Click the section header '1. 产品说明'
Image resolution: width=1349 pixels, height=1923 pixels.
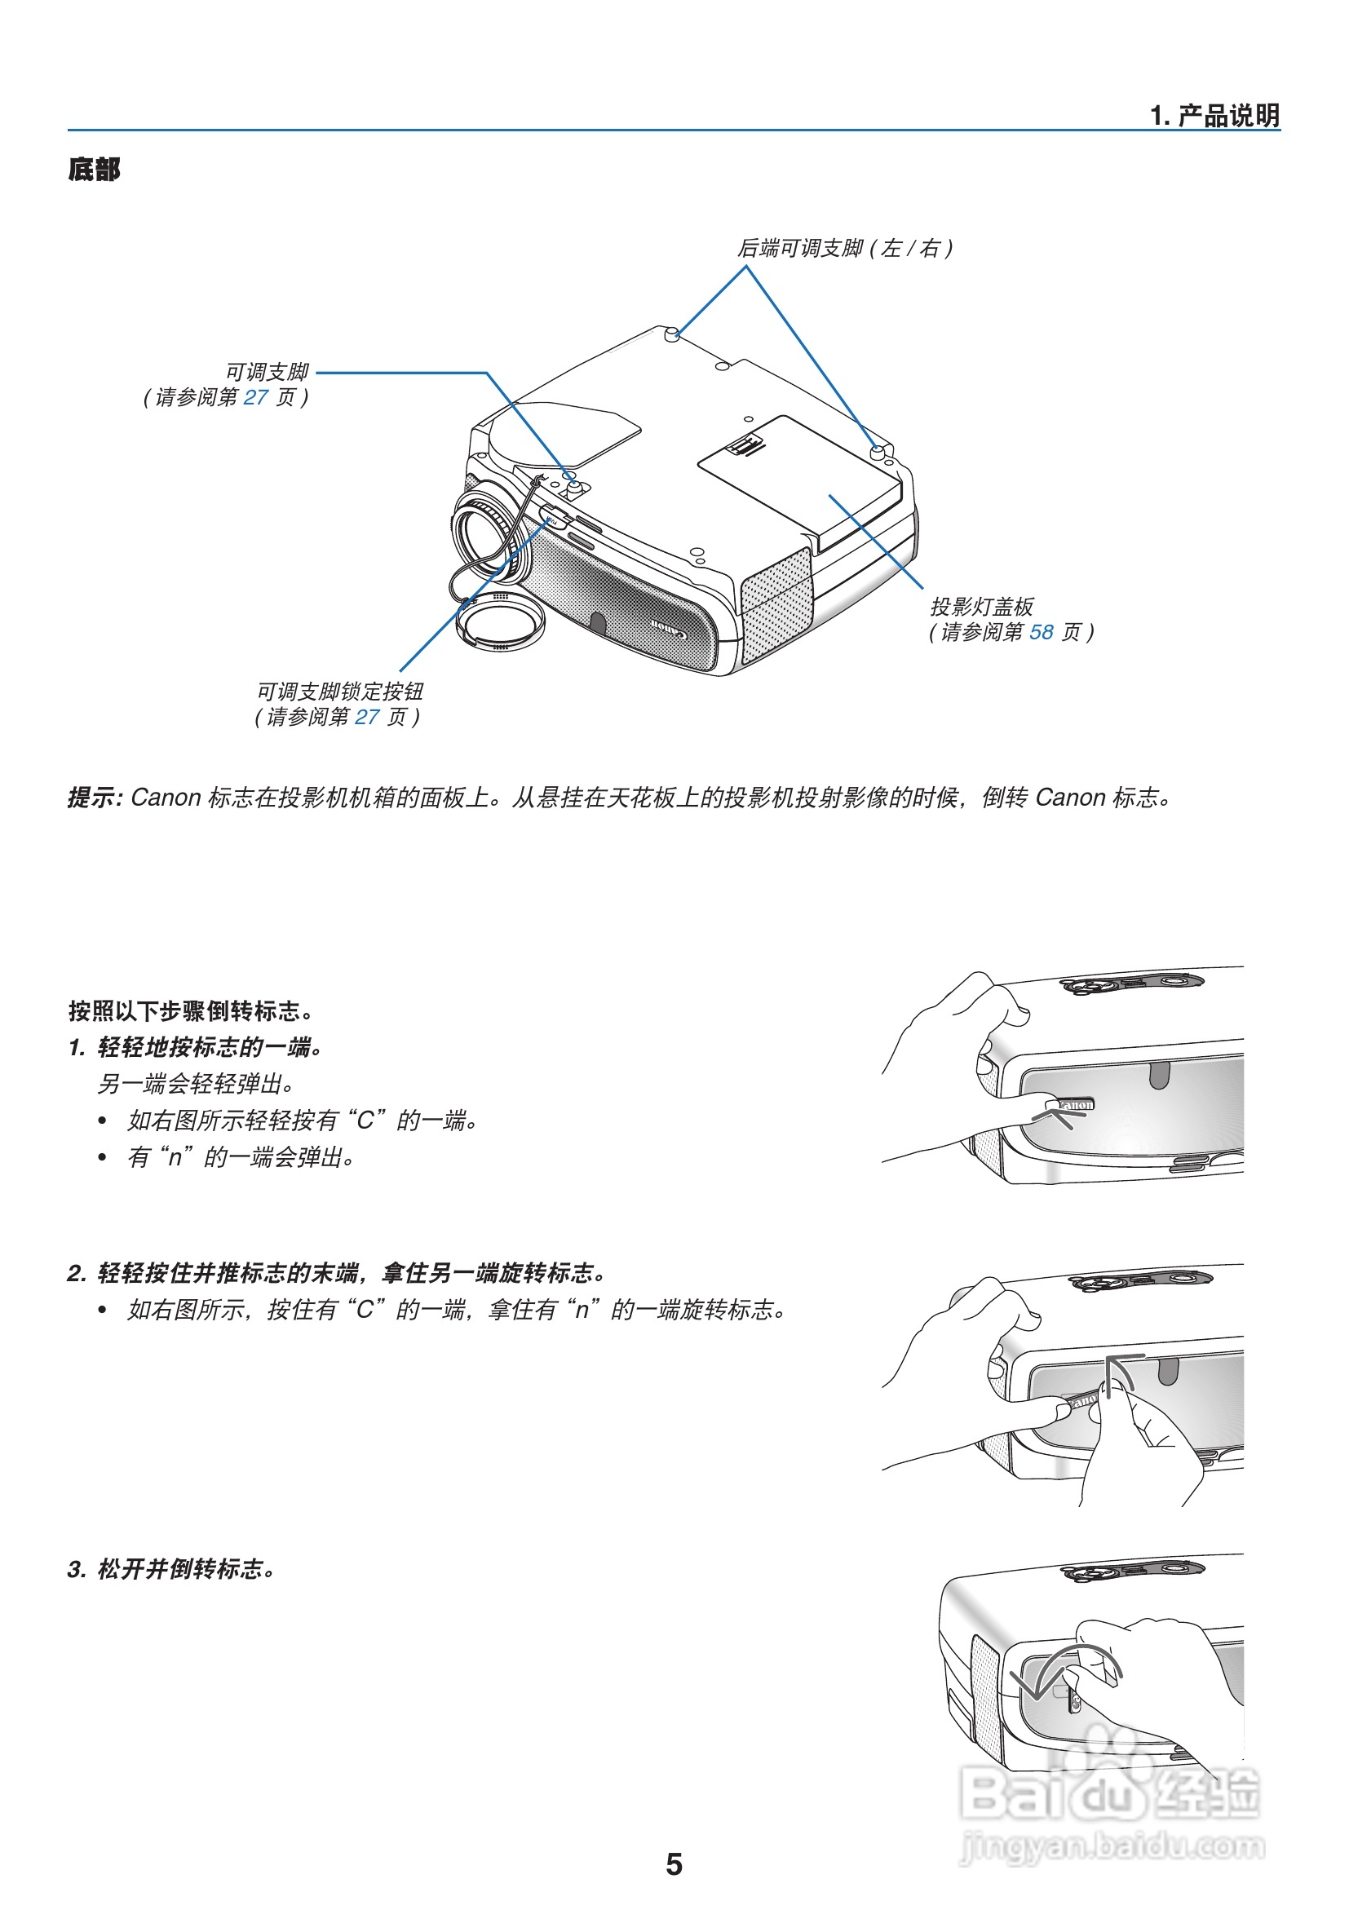[1214, 116]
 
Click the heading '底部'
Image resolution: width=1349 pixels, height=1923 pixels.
[94, 169]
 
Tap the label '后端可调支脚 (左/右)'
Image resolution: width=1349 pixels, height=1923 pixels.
[844, 248]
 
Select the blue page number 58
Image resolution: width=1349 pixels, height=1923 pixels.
[1041, 632]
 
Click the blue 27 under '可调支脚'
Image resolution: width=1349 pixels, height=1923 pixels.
[255, 397]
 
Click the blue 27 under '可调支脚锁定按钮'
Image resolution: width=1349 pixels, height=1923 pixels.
[367, 717]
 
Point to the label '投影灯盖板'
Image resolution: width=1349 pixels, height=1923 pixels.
[981, 607]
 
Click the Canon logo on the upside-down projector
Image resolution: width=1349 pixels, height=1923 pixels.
[669, 629]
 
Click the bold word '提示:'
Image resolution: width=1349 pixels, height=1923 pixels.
[95, 798]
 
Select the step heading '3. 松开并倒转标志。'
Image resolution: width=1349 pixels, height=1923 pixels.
[171, 1569]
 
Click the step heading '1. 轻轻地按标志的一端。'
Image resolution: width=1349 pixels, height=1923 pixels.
[195, 1047]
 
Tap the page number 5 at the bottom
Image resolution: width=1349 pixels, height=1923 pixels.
[673, 1864]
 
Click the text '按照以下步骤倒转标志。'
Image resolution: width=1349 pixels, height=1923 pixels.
[191, 1011]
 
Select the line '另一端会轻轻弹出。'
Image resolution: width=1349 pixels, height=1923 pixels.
[196, 1084]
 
